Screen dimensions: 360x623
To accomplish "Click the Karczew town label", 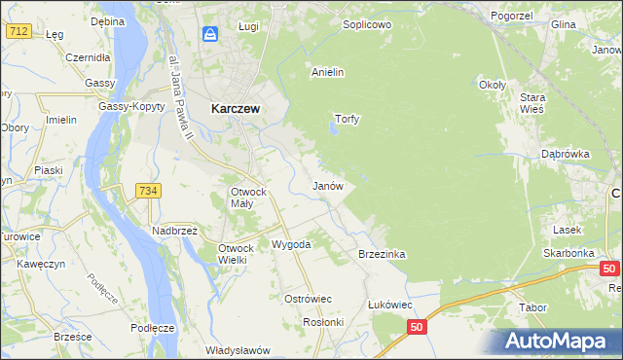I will (235, 109).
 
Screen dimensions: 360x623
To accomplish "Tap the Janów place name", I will (326, 185).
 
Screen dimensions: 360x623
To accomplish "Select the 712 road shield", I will (17, 31).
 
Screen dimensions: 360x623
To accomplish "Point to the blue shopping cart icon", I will (210, 35).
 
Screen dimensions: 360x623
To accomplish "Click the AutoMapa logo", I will (559, 342).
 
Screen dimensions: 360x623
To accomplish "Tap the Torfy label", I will (348, 120).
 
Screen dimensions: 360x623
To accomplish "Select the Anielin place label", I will (327, 72).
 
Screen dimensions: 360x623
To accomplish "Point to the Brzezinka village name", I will (382, 253).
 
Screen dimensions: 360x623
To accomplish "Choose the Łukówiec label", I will (390, 305).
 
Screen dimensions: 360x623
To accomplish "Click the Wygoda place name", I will (291, 244).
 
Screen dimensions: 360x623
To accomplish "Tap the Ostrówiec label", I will (308, 299).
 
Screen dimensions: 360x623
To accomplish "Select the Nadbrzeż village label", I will (174, 231).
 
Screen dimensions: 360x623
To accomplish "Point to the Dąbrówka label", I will (566, 154).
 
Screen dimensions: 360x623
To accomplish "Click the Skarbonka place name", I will (569, 252).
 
